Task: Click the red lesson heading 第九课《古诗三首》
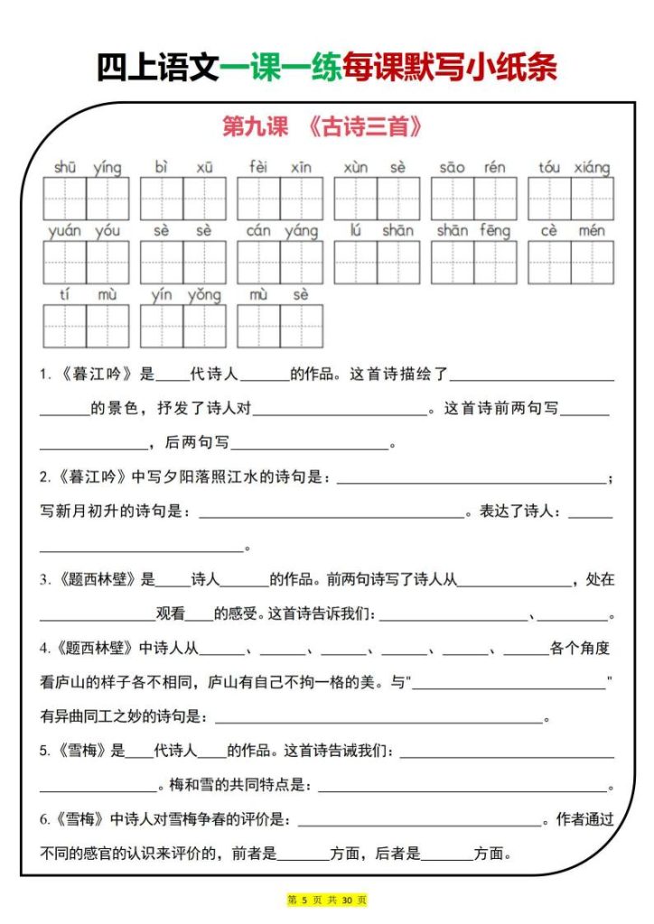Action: click(x=322, y=126)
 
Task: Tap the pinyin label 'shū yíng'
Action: click(x=87, y=168)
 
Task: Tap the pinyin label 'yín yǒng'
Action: click(x=184, y=295)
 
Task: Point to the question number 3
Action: click(x=44, y=580)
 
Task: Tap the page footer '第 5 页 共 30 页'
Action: click(x=326, y=900)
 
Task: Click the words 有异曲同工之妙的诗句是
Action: click(x=124, y=717)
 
